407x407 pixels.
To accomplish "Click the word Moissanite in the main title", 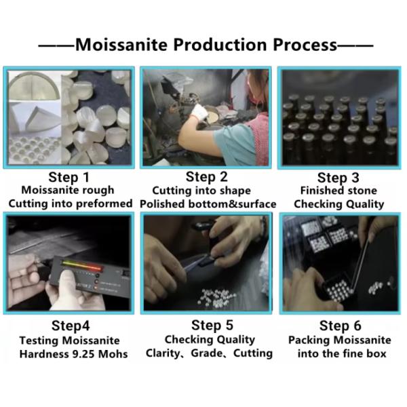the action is pyautogui.click(x=121, y=45).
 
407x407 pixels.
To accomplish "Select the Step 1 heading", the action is pyautogui.click(x=69, y=178).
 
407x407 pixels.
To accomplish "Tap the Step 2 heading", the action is pyautogui.click(x=207, y=177).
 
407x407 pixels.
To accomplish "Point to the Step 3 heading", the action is pyautogui.click(x=338, y=178).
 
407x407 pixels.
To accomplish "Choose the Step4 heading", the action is pyautogui.click(x=71, y=326).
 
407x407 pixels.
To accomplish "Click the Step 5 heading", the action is pyautogui.click(x=212, y=325).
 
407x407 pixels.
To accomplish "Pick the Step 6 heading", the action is pyautogui.click(x=341, y=326).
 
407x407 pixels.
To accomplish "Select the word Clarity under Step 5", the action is pyautogui.click(x=162, y=353).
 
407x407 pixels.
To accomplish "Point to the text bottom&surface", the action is pyautogui.click(x=232, y=204).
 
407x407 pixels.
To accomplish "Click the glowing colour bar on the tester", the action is pyautogui.click(x=81, y=265).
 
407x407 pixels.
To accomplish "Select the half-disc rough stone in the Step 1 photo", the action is pyautogui.click(x=34, y=87).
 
